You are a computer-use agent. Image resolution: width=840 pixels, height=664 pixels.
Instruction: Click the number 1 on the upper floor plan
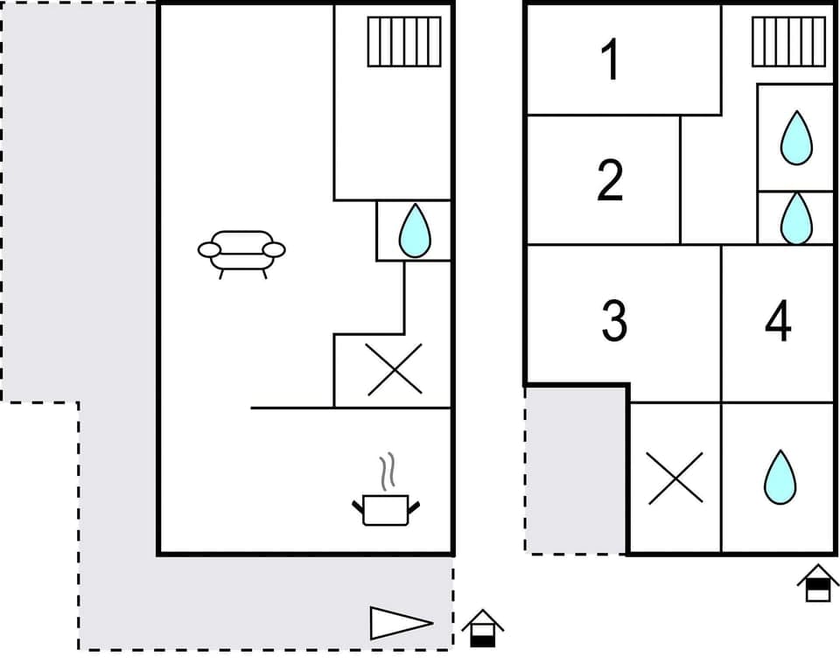[611, 60]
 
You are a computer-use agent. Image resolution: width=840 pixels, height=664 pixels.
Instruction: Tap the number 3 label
[614, 321]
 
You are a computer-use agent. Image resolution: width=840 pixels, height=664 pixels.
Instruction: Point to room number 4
[778, 321]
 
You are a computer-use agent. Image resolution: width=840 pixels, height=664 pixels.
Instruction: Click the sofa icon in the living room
[241, 252]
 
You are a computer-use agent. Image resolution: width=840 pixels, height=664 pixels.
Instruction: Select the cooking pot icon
[386, 508]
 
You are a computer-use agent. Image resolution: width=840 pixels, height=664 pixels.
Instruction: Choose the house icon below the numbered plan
[818, 583]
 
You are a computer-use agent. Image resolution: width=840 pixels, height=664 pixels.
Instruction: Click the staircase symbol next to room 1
[788, 41]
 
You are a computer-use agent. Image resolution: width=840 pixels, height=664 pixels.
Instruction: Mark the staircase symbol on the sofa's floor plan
[403, 41]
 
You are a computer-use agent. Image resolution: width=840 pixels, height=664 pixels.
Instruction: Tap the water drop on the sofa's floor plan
[414, 231]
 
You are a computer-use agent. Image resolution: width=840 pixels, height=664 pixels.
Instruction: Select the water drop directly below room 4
[778, 477]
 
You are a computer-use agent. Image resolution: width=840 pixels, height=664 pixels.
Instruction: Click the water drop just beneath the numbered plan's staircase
[796, 137]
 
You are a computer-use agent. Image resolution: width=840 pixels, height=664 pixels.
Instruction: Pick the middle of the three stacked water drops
[796, 218]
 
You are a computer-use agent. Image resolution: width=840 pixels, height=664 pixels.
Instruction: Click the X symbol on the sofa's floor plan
[393, 370]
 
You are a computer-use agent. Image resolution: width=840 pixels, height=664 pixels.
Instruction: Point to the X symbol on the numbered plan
[675, 478]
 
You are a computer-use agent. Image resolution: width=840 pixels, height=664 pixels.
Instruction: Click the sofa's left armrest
[209, 250]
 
